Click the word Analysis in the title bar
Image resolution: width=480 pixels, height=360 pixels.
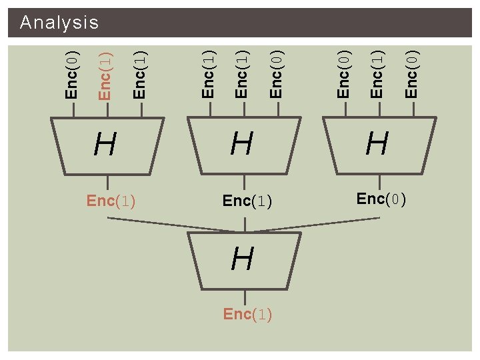(x=59, y=23)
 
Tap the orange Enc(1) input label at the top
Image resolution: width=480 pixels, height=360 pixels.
(x=105, y=75)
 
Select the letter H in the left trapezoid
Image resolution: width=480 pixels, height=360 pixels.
(x=105, y=143)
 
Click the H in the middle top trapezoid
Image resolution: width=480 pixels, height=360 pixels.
(x=242, y=143)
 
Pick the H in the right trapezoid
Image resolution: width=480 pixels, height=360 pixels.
(x=377, y=143)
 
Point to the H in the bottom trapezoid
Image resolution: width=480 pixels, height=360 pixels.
(x=242, y=259)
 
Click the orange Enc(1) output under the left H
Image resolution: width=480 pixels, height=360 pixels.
(x=111, y=201)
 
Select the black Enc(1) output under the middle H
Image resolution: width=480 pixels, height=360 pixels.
(x=247, y=201)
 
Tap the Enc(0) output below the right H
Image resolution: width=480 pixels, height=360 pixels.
(x=381, y=199)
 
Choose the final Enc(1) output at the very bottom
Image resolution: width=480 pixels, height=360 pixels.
(x=247, y=315)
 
